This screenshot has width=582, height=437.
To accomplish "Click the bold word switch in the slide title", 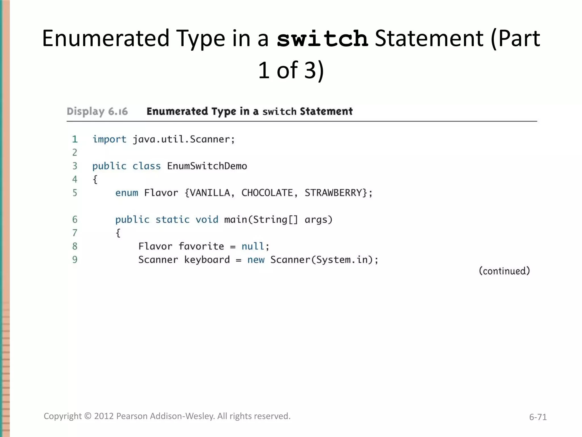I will (322, 39).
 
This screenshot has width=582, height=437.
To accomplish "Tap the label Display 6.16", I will (97, 112).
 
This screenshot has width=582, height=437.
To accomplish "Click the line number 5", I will (75, 193).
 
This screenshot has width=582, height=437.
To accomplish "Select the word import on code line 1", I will (109, 139).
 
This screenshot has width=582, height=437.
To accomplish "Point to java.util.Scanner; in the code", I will (184, 139).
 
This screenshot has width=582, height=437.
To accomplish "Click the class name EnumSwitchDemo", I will (207, 166).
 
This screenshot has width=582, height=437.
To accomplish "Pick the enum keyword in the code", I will (126, 193).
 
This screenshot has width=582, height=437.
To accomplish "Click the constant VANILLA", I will (210, 193).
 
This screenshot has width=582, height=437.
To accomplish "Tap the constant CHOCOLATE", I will (267, 193).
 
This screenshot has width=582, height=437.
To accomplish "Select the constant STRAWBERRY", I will (333, 193).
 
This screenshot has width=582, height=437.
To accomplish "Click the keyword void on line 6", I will (207, 220).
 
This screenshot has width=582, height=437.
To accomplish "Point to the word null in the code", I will (253, 246).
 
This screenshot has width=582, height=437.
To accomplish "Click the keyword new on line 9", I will (256, 260).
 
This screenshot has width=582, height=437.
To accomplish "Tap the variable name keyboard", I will (207, 260).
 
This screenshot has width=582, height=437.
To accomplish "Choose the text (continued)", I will (504, 271).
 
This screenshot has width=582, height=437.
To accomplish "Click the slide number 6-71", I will (538, 417).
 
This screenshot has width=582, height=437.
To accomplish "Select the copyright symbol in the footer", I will (88, 416).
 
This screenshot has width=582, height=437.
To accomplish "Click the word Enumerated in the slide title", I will (106, 39).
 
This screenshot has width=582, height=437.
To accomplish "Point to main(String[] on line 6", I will (261, 220).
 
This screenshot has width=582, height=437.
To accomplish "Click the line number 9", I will (75, 260).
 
